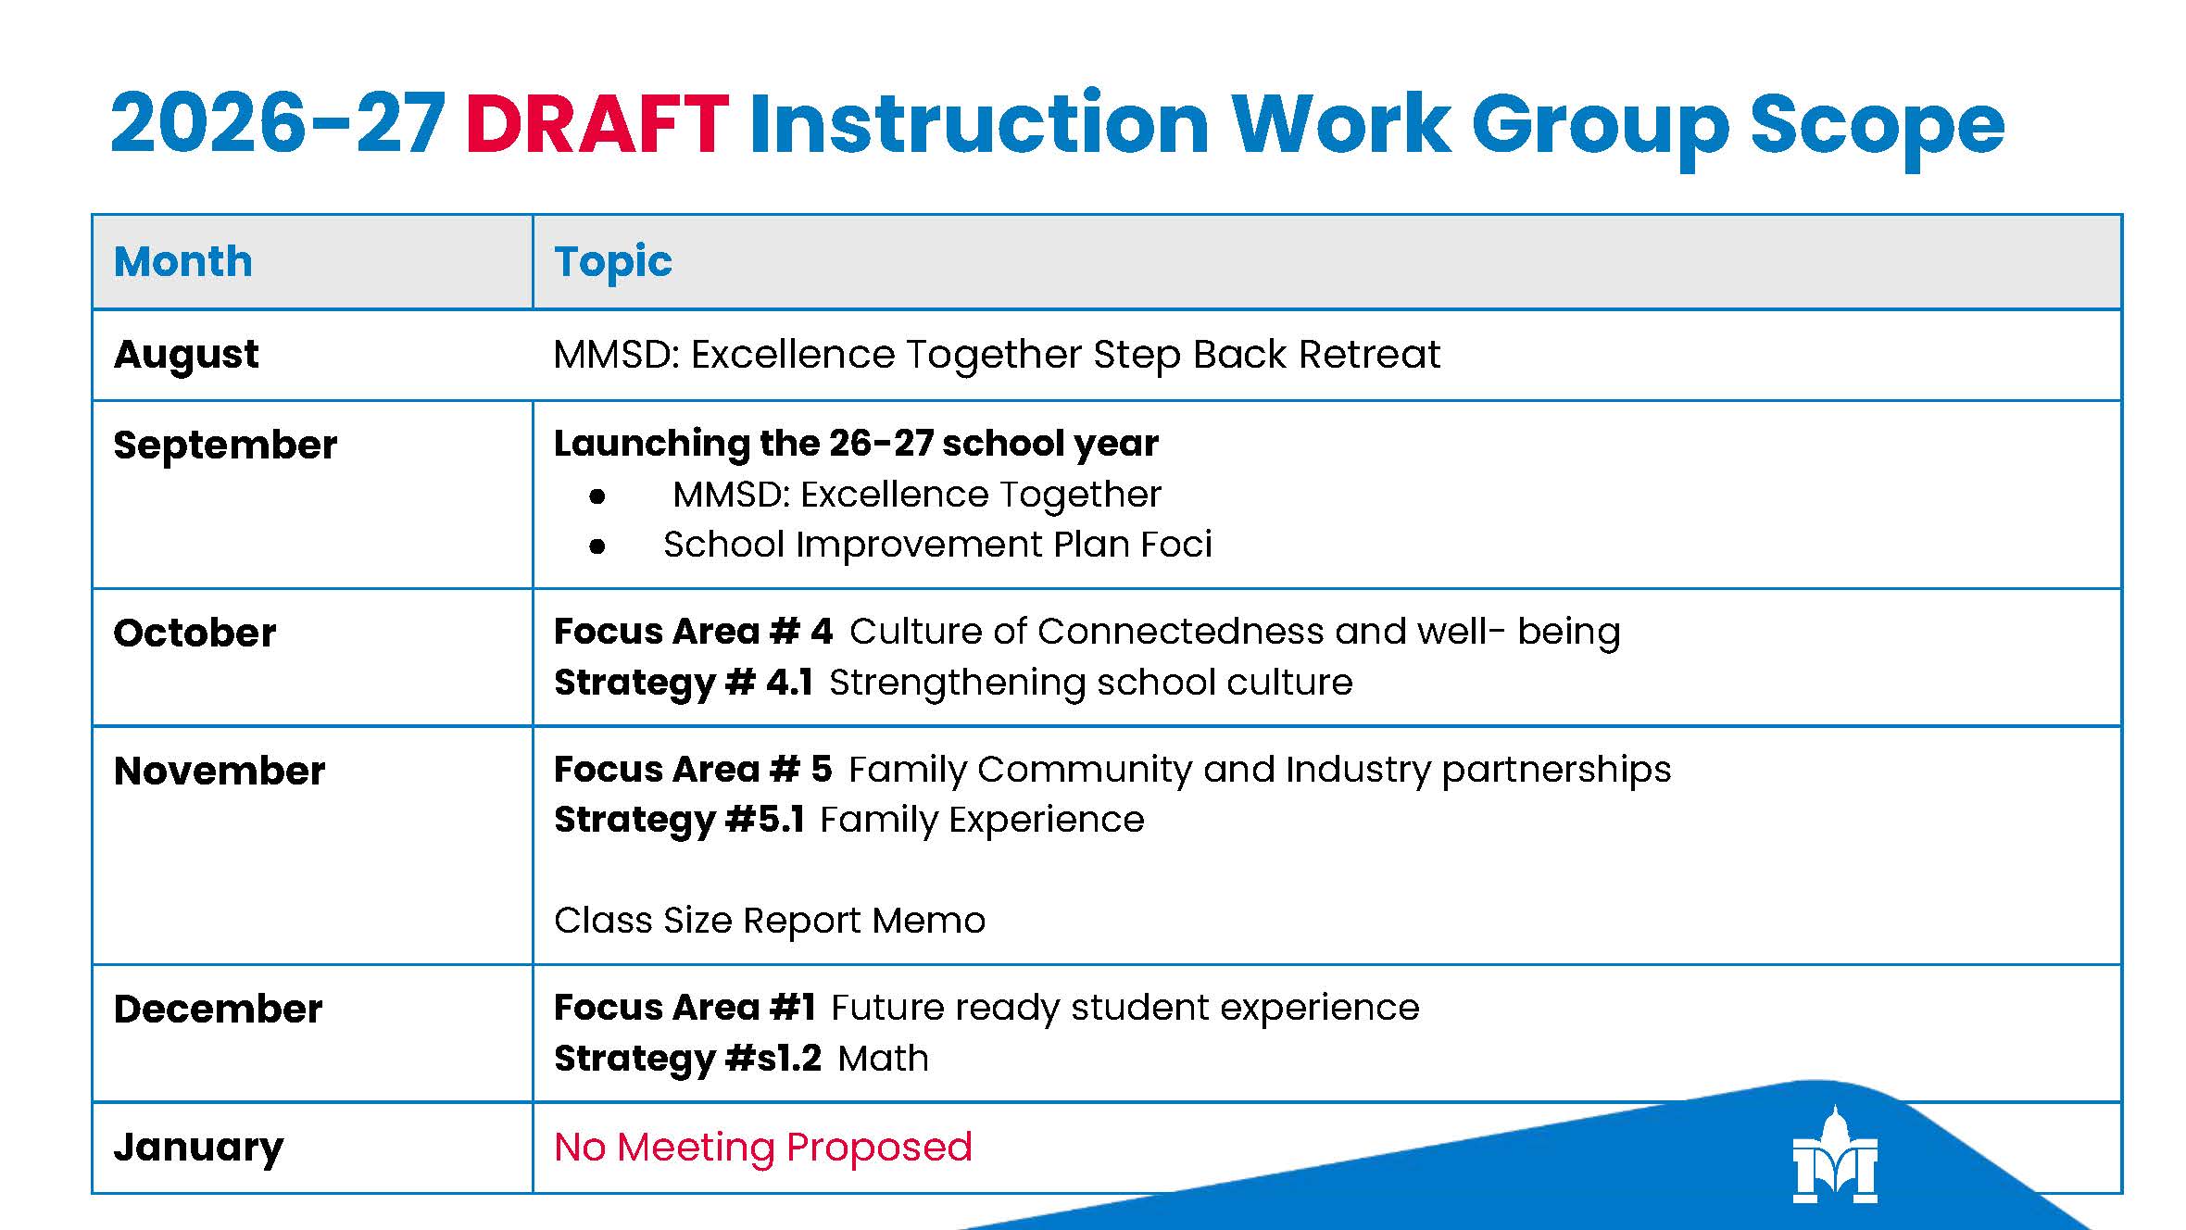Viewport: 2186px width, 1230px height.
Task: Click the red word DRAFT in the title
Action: [597, 123]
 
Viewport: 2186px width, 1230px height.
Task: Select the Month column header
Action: [182, 261]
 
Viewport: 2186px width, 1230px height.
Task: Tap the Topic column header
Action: [612, 263]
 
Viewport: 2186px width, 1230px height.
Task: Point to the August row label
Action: [186, 356]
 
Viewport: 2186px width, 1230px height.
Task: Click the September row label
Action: [225, 446]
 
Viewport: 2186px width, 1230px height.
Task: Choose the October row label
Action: [195, 634]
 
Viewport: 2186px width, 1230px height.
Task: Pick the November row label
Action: [220, 771]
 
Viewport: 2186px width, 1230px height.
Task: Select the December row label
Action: [218, 1009]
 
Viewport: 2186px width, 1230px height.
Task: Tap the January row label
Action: [198, 1148]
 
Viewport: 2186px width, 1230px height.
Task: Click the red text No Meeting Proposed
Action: [763, 1148]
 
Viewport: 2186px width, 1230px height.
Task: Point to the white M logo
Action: [1835, 1155]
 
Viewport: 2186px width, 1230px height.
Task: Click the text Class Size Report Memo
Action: [770, 921]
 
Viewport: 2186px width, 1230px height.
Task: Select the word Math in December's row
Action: [883, 1059]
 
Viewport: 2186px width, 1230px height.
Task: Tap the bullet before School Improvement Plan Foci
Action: [597, 546]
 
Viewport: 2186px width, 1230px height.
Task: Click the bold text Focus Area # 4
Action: [694, 632]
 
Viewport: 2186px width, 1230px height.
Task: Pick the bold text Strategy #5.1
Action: [679, 821]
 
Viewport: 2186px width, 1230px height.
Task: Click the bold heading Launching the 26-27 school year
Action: [856, 445]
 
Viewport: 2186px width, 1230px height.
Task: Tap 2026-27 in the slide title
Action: [279, 123]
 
